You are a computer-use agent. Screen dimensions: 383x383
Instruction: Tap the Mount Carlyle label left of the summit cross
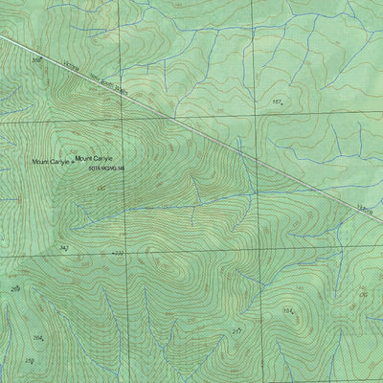click(50, 162)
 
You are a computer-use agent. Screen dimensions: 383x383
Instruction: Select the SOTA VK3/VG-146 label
click(106, 169)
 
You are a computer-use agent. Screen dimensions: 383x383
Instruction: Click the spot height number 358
click(37, 60)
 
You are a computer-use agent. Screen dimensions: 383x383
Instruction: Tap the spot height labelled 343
click(64, 248)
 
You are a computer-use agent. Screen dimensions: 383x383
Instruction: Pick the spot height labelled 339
click(120, 254)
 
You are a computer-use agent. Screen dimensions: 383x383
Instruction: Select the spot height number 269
click(15, 287)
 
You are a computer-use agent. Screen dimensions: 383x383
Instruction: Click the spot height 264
click(37, 338)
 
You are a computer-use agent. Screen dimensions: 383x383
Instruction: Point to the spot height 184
click(287, 311)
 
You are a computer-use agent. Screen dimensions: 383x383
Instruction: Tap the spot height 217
click(236, 330)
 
